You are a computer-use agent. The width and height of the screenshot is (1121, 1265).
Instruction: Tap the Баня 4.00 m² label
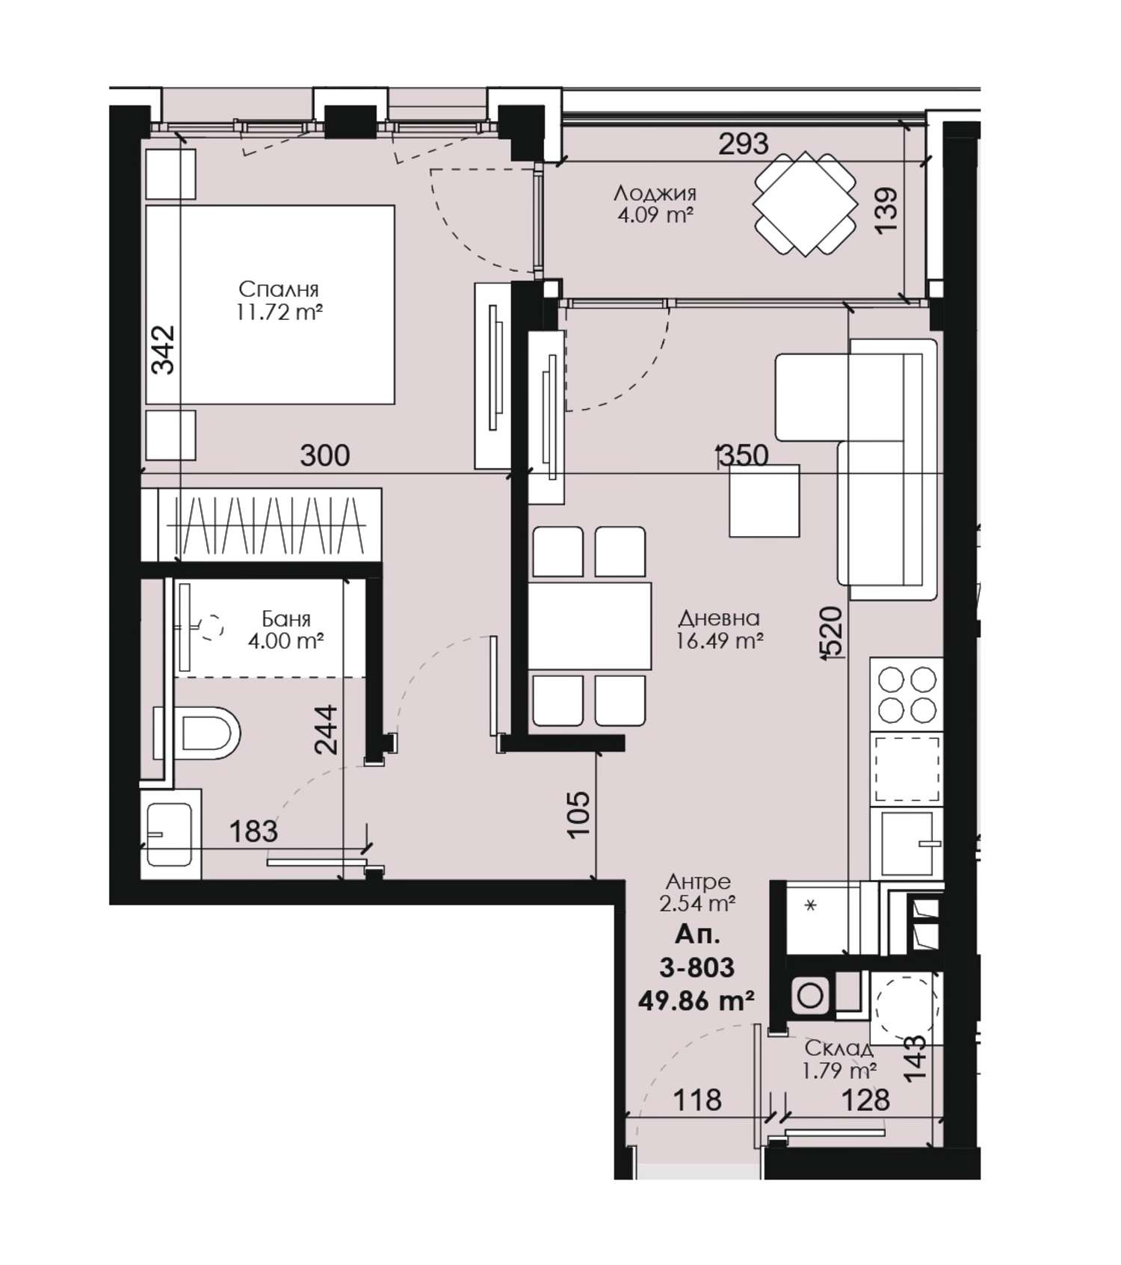(286, 630)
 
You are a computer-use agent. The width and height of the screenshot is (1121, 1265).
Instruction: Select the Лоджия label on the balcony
(655, 194)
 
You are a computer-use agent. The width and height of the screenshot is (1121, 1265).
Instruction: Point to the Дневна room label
(719, 618)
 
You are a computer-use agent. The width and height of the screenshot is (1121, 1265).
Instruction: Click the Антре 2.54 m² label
(698, 893)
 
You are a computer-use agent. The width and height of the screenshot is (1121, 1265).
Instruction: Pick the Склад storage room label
(839, 1048)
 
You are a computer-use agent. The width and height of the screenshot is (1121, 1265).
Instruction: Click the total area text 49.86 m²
(696, 1000)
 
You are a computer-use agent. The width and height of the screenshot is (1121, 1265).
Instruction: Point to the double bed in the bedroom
(270, 305)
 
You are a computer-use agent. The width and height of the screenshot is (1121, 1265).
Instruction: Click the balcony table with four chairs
(805, 203)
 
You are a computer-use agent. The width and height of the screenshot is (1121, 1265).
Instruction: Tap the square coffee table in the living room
(765, 501)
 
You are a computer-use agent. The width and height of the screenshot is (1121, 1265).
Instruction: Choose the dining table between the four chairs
(590, 626)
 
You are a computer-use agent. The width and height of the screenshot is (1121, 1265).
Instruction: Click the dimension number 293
(743, 144)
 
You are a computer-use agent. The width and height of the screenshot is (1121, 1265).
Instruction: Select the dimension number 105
(579, 813)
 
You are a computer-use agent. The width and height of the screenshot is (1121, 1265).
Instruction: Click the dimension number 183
(253, 831)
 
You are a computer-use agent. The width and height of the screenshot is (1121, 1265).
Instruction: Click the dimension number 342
(163, 349)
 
